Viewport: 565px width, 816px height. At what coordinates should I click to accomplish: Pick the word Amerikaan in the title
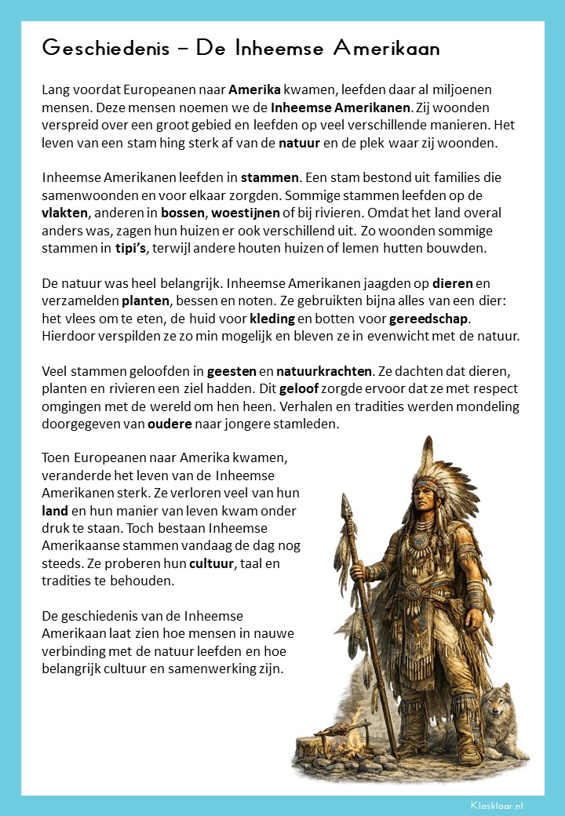pos(386,49)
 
